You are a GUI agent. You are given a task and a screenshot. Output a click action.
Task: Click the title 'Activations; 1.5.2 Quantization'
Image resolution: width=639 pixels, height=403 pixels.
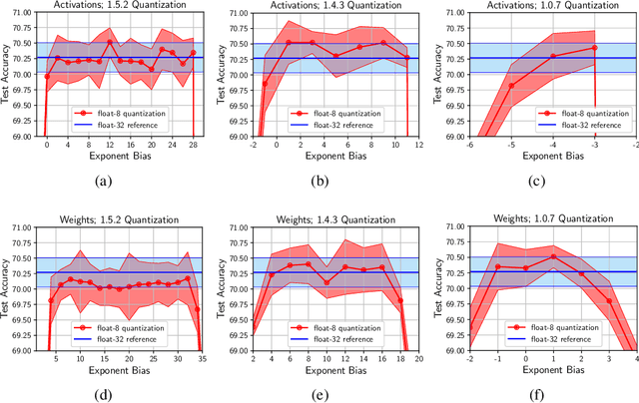[x=119, y=7]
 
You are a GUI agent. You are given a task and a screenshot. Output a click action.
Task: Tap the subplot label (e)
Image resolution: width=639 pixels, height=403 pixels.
[x=336, y=384]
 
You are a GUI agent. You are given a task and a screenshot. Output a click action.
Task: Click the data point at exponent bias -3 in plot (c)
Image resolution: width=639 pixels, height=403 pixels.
[x=595, y=48]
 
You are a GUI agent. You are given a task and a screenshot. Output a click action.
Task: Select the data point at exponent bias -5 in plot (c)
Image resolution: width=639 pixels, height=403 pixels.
[x=511, y=85]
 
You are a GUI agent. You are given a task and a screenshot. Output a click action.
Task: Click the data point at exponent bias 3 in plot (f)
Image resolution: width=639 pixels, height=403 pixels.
[x=609, y=300]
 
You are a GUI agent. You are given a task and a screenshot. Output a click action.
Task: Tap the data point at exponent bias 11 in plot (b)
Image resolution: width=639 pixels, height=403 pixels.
[x=407, y=58]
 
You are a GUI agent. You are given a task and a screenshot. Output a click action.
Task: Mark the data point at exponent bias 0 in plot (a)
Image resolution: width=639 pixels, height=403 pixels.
[x=46, y=77]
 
